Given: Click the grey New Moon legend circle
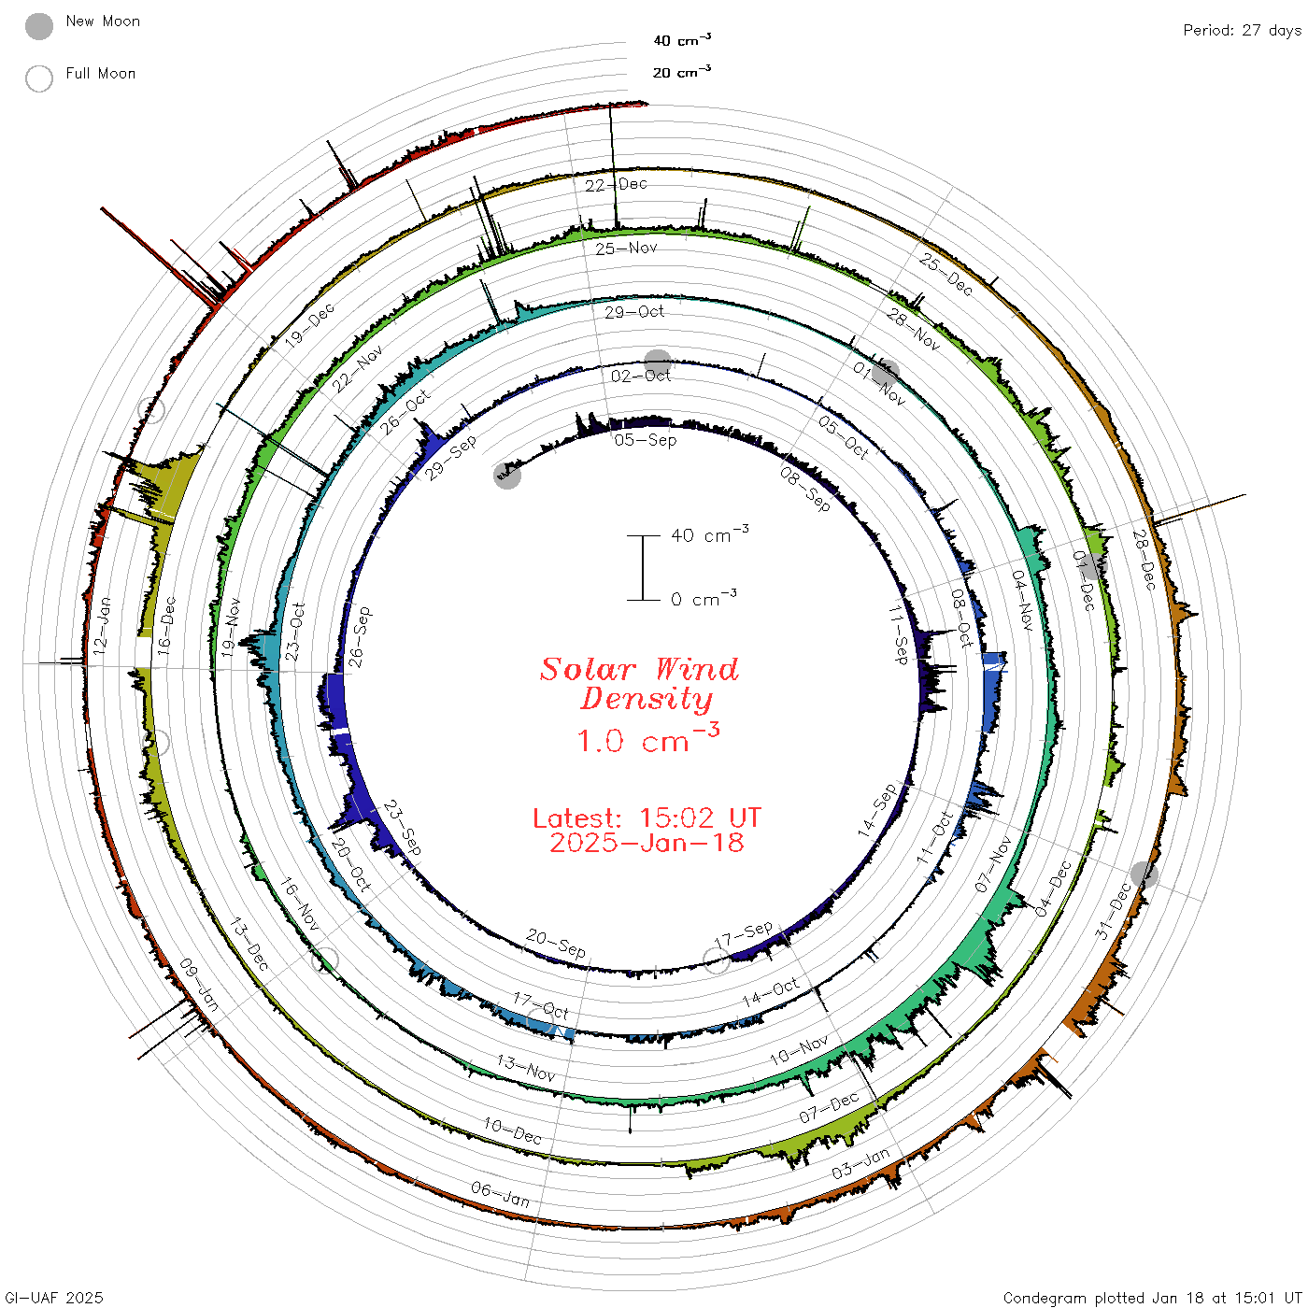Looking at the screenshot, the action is pyautogui.click(x=39, y=26).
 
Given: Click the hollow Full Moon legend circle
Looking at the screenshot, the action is pyautogui.click(x=39, y=78).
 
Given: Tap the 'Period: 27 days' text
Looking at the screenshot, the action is pyautogui.click(x=1243, y=31).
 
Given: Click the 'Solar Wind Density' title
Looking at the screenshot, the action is pyautogui.click(x=639, y=684).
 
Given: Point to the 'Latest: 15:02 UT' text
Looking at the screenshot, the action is pyautogui.click(x=647, y=817).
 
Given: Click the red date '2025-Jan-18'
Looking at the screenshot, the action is pyautogui.click(x=647, y=843).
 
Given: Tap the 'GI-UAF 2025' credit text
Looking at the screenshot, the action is pyautogui.click(x=54, y=1298).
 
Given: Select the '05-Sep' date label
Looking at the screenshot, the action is pyautogui.click(x=646, y=440).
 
